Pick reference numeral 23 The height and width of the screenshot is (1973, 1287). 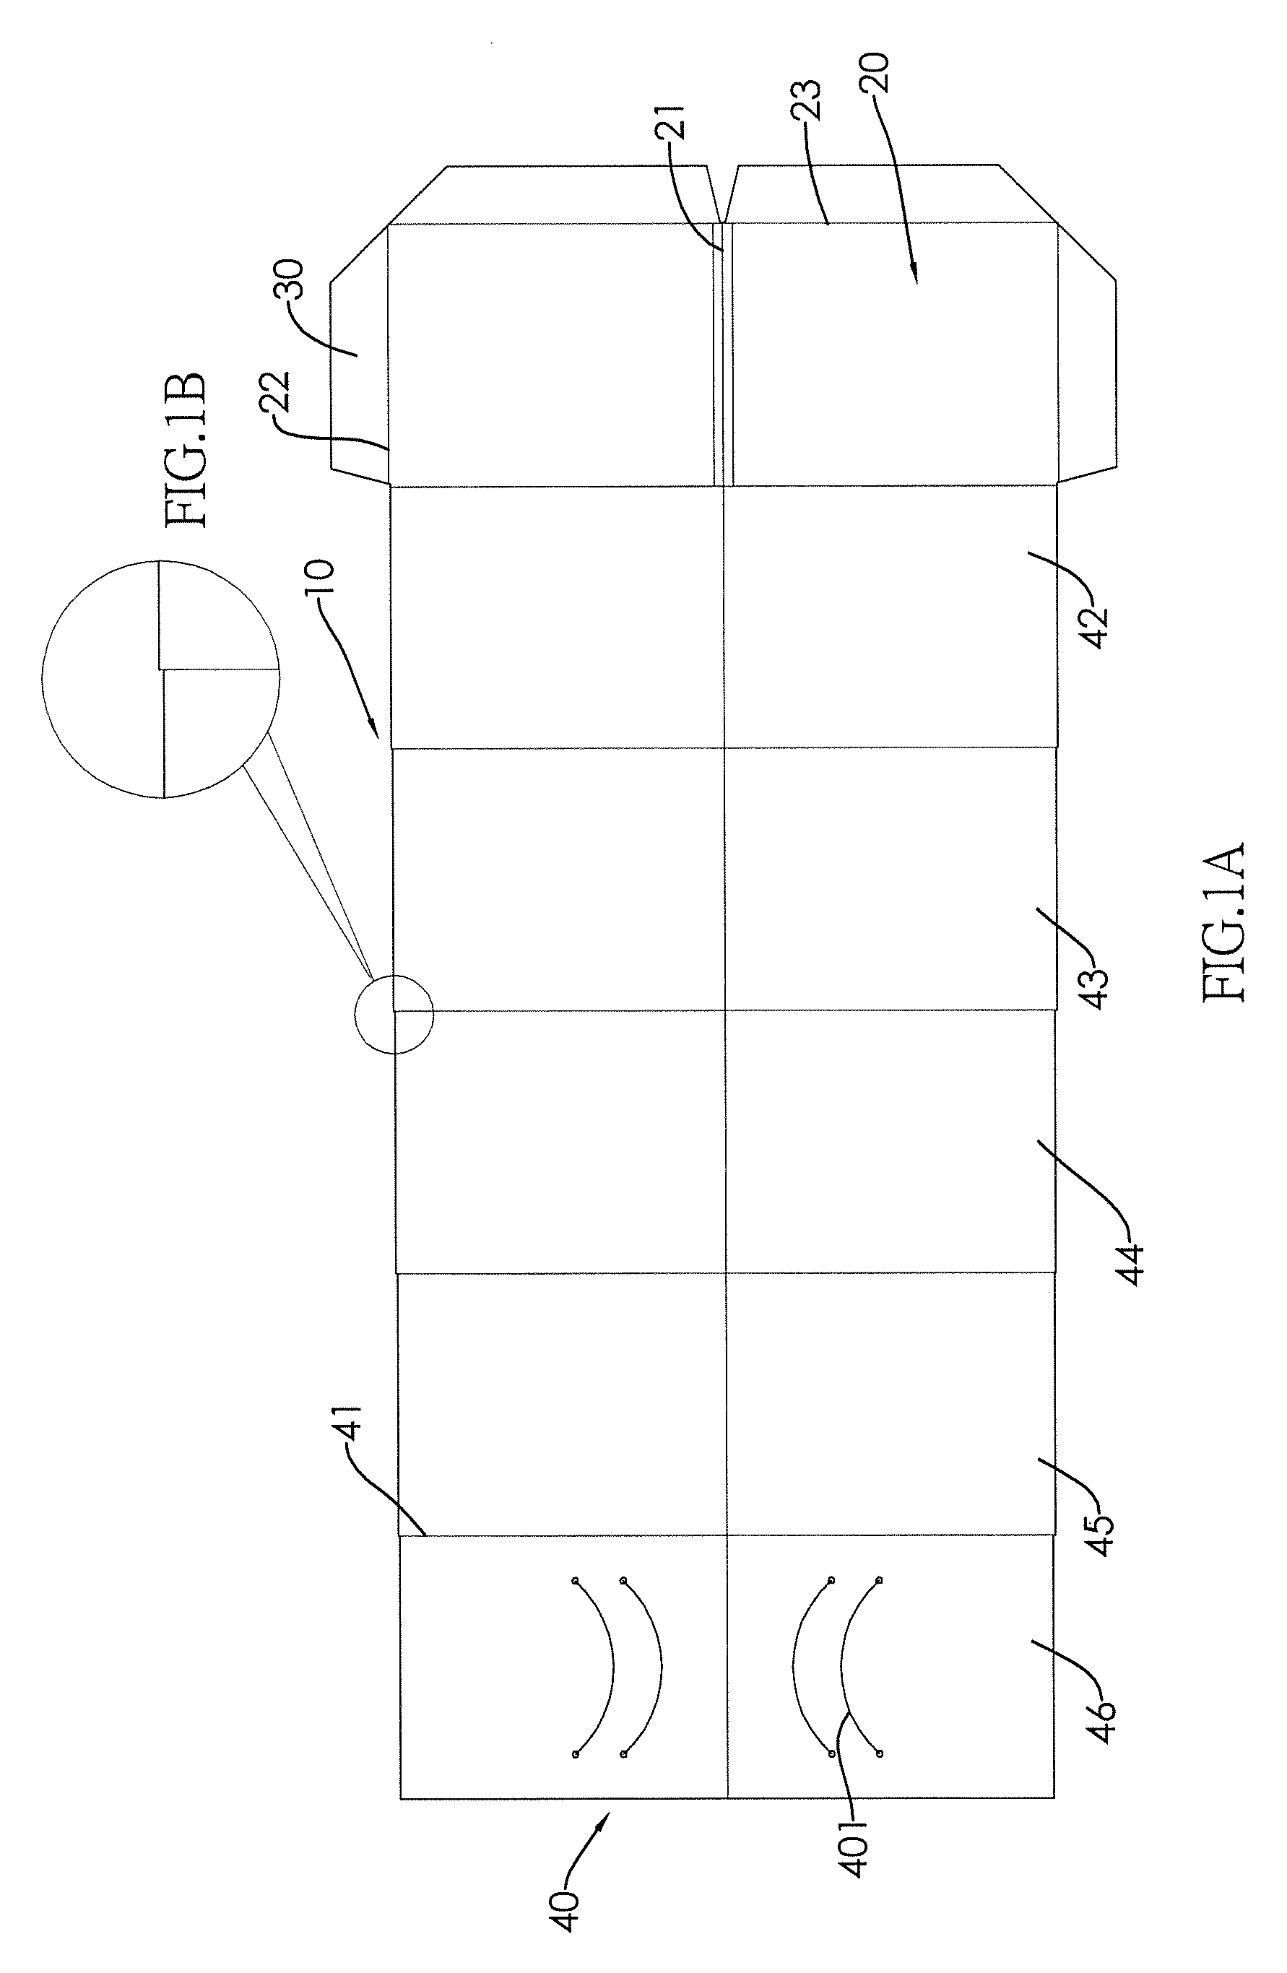806,100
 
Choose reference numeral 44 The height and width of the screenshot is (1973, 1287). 1131,1263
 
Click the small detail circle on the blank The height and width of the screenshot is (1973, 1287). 394,1013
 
